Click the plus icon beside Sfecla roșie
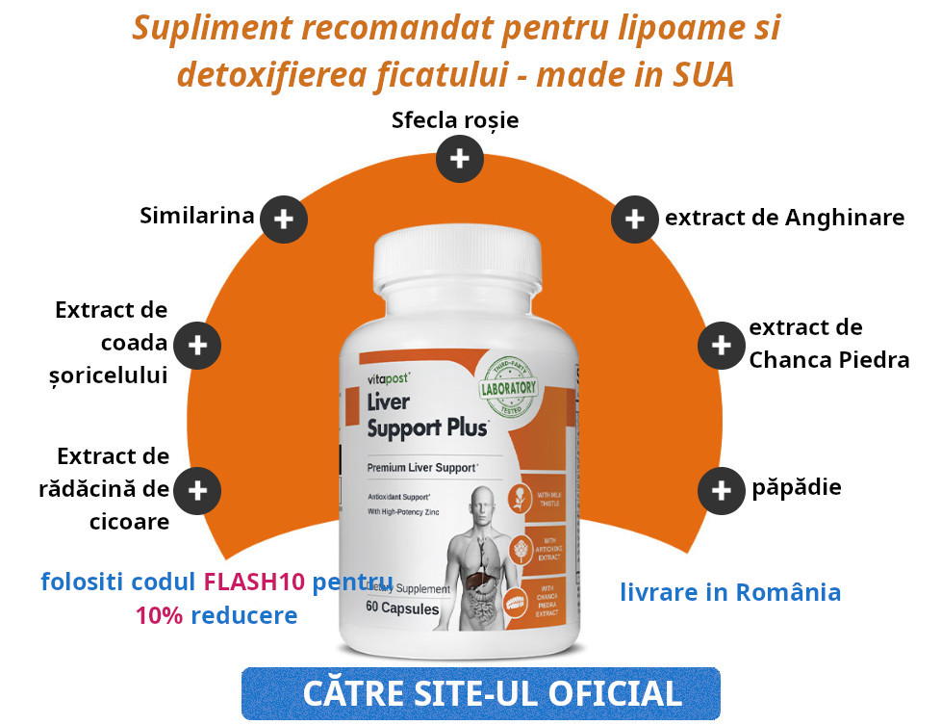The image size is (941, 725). (459, 159)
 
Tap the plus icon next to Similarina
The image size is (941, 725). (284, 220)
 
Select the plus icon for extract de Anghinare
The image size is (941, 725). (634, 219)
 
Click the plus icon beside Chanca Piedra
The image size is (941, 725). (721, 345)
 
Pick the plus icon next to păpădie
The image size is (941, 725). (721, 490)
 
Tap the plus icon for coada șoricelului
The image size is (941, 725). (197, 345)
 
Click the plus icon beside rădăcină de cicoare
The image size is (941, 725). (197, 490)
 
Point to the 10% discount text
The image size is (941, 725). (159, 615)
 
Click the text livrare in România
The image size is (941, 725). (730, 591)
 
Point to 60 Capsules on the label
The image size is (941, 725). (402, 608)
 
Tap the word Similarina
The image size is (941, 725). (197, 215)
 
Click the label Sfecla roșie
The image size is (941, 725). (455, 120)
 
